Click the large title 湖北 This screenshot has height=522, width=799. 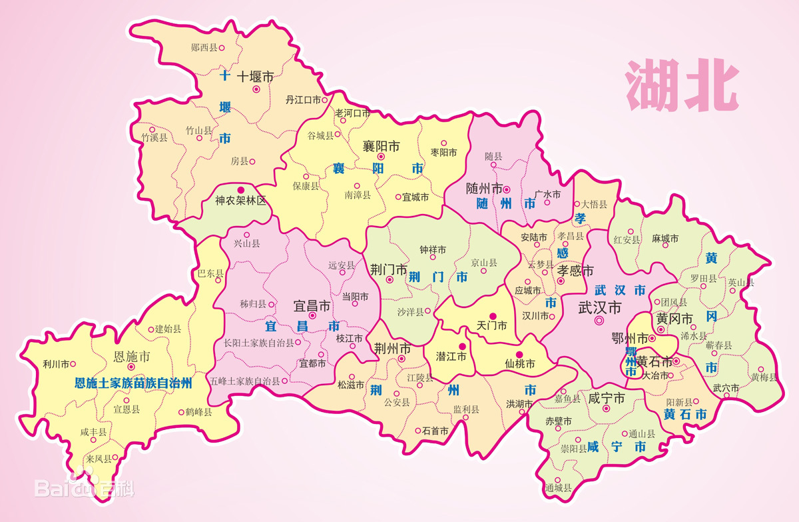(682, 87)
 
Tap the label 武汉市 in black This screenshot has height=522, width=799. (599, 307)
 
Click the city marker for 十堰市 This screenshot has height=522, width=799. (256, 89)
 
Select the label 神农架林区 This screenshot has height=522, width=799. (240, 199)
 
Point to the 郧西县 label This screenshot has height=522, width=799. (204, 47)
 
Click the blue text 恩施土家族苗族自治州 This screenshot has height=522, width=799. (133, 383)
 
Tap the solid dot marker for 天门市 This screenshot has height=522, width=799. (493, 315)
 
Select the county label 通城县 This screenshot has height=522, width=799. (558, 487)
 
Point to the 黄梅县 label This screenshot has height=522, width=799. (764, 377)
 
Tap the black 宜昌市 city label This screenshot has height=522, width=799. (312, 306)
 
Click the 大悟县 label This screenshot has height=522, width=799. (594, 204)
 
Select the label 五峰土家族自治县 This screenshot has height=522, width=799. (244, 381)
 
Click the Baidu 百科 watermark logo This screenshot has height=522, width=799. (85, 486)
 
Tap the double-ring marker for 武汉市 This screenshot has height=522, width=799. (599, 321)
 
